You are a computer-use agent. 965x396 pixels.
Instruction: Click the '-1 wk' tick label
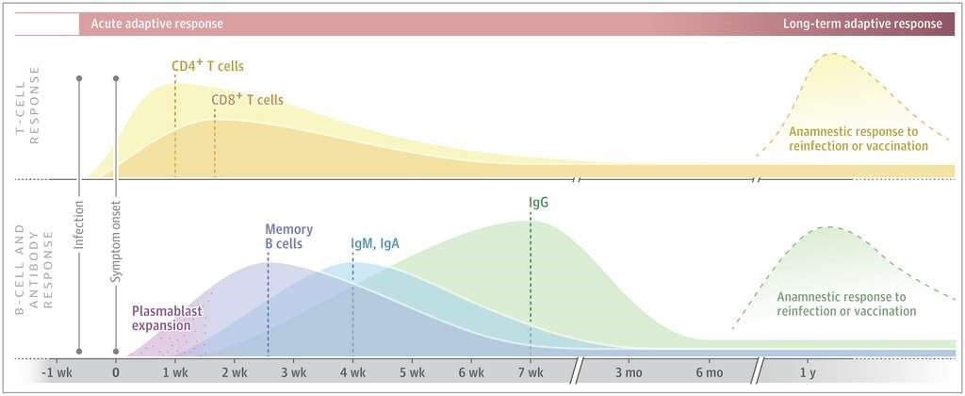click(57, 373)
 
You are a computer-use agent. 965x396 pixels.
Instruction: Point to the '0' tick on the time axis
click(116, 373)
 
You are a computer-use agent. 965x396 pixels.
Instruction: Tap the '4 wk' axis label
click(352, 373)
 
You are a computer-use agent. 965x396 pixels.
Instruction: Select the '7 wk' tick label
click(531, 373)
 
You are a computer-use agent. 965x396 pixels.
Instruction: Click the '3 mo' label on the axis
click(627, 373)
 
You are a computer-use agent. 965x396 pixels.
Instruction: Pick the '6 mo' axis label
click(709, 373)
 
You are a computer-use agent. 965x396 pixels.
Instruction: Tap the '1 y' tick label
click(808, 373)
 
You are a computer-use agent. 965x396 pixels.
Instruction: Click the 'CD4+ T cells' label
click(208, 66)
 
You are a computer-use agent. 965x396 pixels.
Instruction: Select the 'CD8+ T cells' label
click(248, 99)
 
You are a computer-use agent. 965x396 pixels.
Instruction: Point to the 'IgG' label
click(538, 202)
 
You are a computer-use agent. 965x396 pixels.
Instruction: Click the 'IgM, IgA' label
click(375, 243)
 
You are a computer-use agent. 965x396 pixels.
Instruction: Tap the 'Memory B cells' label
click(288, 237)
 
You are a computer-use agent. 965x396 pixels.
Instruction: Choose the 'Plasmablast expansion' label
click(168, 317)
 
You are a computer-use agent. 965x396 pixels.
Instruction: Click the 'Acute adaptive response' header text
click(157, 24)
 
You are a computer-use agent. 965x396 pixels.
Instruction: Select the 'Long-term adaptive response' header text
click(862, 24)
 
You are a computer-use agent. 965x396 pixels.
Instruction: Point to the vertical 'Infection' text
click(79, 228)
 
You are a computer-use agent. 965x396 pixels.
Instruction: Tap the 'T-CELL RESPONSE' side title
click(27, 105)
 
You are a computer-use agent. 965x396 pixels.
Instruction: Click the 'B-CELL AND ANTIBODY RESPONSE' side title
click(35, 274)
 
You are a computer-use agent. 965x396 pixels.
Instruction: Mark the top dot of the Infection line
click(79, 78)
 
